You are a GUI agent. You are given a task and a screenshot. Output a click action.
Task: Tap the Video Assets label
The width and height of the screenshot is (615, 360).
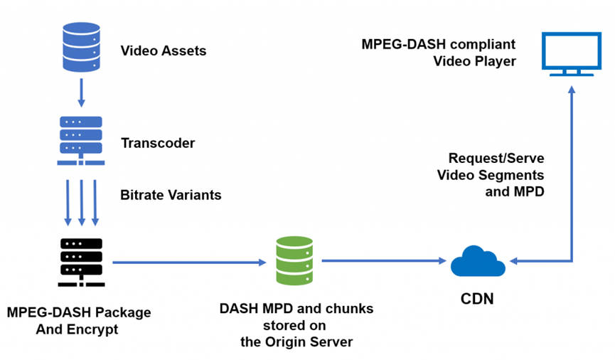pyautogui.click(x=164, y=51)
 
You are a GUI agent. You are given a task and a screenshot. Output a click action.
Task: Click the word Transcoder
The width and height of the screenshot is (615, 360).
pyautogui.click(x=158, y=143)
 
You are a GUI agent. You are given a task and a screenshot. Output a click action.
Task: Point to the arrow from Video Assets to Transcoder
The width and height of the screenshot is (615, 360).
pyautogui.click(x=80, y=92)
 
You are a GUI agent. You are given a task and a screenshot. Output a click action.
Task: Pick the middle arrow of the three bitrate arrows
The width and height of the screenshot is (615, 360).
pyautogui.click(x=80, y=202)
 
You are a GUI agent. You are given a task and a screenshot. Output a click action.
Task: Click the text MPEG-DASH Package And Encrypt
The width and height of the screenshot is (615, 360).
pyautogui.click(x=78, y=321)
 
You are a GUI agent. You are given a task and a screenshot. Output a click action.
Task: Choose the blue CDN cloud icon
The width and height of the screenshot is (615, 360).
pyautogui.click(x=478, y=261)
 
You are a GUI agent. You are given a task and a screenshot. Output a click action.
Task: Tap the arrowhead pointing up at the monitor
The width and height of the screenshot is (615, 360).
pyautogui.click(x=571, y=91)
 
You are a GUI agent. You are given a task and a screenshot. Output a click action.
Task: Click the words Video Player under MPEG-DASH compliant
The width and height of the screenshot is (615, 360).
pyautogui.click(x=474, y=62)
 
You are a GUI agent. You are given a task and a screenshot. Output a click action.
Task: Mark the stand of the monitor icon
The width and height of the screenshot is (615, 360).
pyautogui.click(x=571, y=71)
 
